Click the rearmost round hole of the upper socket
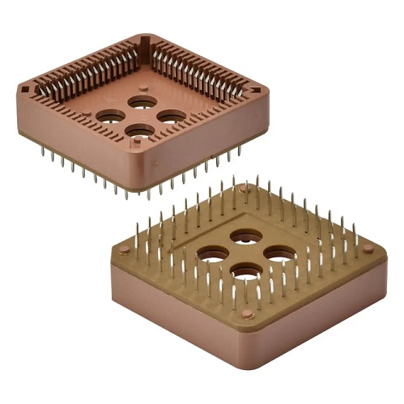click(x=142, y=102)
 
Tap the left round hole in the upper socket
click(x=111, y=116)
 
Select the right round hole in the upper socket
click(x=171, y=117)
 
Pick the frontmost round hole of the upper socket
click(x=139, y=130)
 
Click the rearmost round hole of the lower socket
click(x=245, y=236)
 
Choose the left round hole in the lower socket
click(x=213, y=253)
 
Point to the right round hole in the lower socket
click(x=279, y=253)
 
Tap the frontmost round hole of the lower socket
click(x=245, y=270)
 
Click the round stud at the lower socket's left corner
click(x=124, y=251)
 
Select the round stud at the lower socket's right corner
click(x=368, y=249)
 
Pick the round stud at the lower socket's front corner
click(x=247, y=314)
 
